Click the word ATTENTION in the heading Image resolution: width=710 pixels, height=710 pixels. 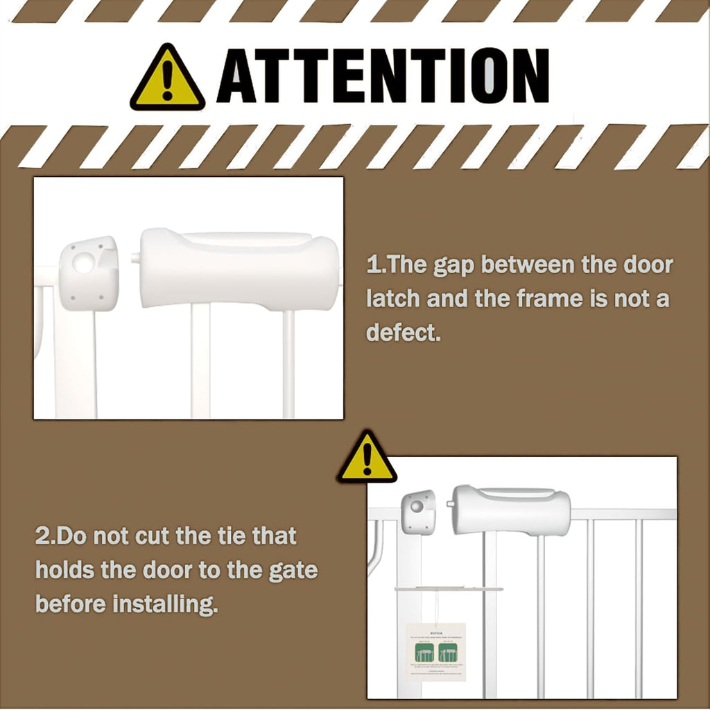coord(383,76)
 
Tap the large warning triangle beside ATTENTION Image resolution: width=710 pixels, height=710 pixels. coord(167,79)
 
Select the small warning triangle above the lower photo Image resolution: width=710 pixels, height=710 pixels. coord(367,458)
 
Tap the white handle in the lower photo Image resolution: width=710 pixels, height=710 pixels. coord(512,511)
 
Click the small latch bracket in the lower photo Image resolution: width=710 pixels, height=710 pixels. coord(418,512)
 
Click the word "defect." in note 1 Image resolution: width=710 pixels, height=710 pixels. coord(404,333)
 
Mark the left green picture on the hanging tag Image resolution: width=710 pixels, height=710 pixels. coord(424,652)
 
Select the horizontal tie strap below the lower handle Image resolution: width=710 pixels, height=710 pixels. coord(449,589)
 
